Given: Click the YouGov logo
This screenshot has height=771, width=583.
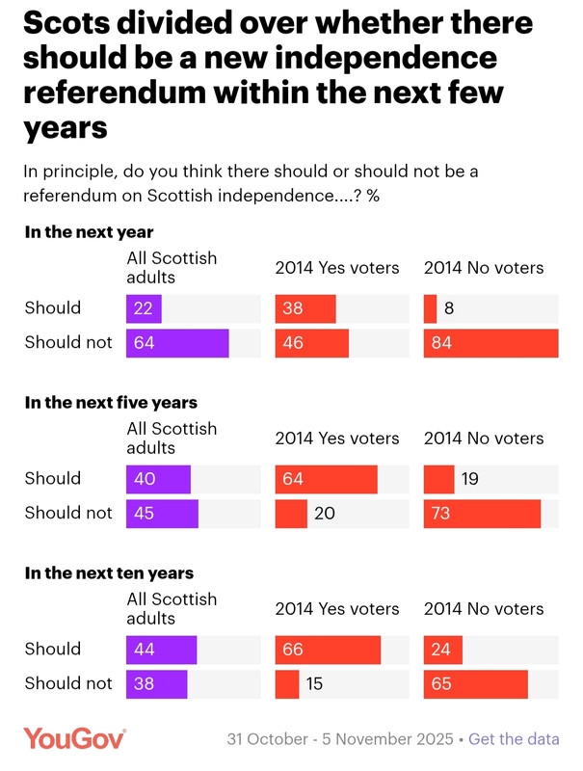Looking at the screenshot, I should tap(75, 739).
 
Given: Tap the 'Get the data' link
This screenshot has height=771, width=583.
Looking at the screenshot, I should tap(514, 739).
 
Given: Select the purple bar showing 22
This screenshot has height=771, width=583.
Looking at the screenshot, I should tap(144, 308).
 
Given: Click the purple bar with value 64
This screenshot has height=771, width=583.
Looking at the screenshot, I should tap(177, 343).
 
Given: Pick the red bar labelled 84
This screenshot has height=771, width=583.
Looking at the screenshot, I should tap(490, 343).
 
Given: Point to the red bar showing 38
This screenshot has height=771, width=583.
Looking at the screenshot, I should tap(305, 308).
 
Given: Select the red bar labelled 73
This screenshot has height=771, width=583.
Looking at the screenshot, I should tap(482, 514).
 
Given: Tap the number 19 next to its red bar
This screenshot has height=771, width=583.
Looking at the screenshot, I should tap(470, 479).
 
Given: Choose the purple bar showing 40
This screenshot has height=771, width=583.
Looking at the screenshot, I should tap(158, 479).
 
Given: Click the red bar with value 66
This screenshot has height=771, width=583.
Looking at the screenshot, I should tap(328, 650).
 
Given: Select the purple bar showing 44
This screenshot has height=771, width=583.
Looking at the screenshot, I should tap(161, 650).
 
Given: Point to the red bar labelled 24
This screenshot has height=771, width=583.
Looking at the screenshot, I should tap(443, 650).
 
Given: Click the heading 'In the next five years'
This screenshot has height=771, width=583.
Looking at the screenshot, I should tap(111, 403).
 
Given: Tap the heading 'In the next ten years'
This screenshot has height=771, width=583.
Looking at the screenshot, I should tap(109, 573).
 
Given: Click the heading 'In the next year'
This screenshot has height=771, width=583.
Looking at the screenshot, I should tap(89, 232).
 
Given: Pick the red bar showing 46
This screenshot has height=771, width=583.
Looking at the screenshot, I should tap(311, 343).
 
